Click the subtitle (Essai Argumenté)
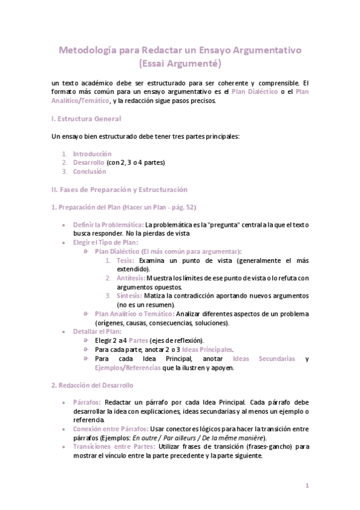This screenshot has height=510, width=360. pyautogui.click(x=179, y=63)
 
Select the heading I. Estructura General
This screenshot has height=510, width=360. pyautogui.click(x=87, y=119)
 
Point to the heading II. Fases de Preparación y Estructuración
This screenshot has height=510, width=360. pyautogui.click(x=120, y=189)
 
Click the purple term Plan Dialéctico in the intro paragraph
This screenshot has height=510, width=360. pyautogui.click(x=255, y=91)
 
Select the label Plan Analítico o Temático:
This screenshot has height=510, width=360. pyautogui.click(x=135, y=314)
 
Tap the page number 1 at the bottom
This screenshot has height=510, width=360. pyautogui.click(x=307, y=485)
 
